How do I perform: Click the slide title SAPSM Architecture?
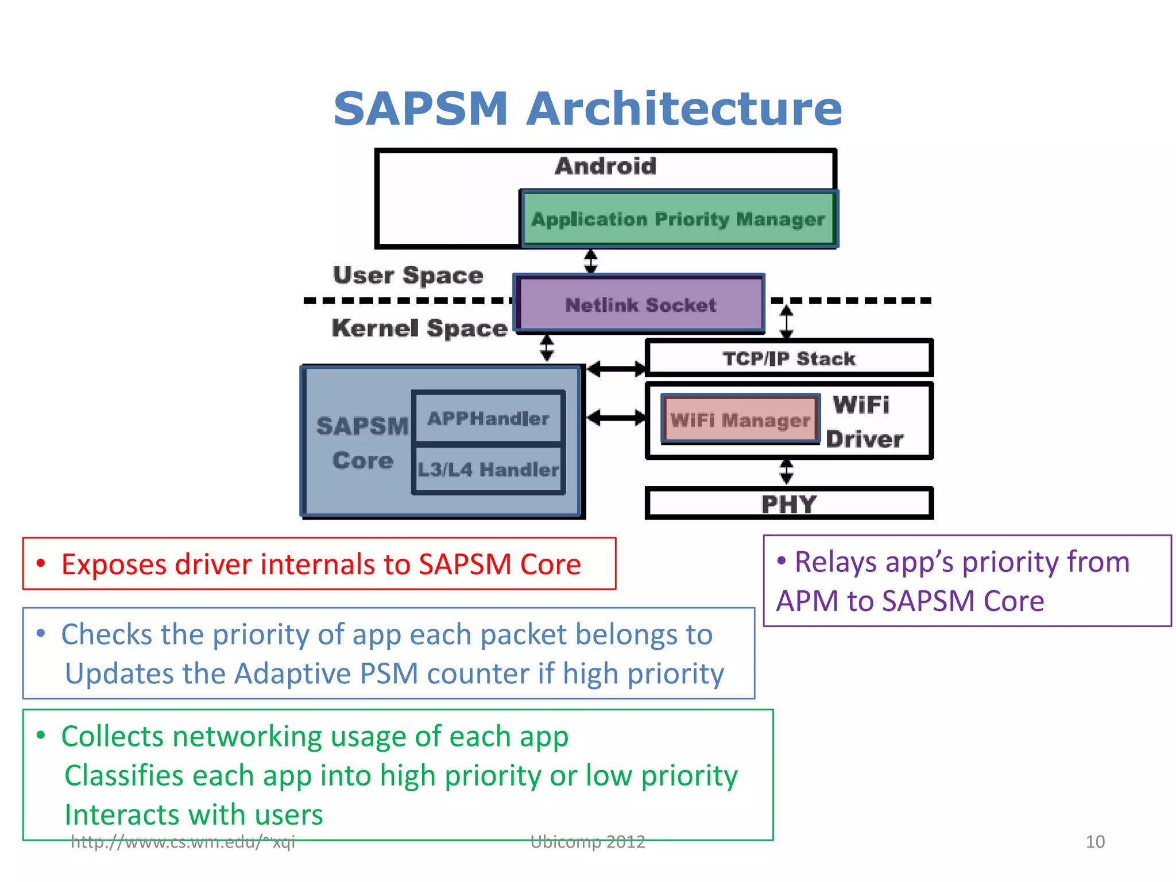pyautogui.click(x=587, y=109)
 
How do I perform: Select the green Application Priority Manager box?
pyautogui.click(x=678, y=219)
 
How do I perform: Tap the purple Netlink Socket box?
pyautogui.click(x=640, y=304)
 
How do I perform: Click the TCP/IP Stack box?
pyautogui.click(x=788, y=358)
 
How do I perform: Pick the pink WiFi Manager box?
pyautogui.click(x=740, y=420)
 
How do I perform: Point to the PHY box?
pyautogui.click(x=788, y=504)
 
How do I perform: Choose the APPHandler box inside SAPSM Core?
pyautogui.click(x=488, y=418)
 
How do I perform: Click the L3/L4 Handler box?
pyautogui.click(x=488, y=470)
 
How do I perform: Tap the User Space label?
pyautogui.click(x=408, y=275)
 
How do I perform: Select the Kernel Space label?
pyautogui.click(x=419, y=328)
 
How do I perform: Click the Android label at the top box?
pyautogui.click(x=605, y=166)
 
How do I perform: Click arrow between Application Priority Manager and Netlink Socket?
pyautogui.click(x=590, y=261)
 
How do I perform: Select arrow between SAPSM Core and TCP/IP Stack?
pyautogui.click(x=616, y=369)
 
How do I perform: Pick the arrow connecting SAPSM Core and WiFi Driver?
pyautogui.click(x=616, y=417)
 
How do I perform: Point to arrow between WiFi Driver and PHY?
pyautogui.click(x=786, y=471)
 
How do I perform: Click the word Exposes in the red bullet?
pyautogui.click(x=114, y=564)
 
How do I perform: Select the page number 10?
pyautogui.click(x=1094, y=842)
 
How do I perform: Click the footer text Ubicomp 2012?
pyautogui.click(x=587, y=842)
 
